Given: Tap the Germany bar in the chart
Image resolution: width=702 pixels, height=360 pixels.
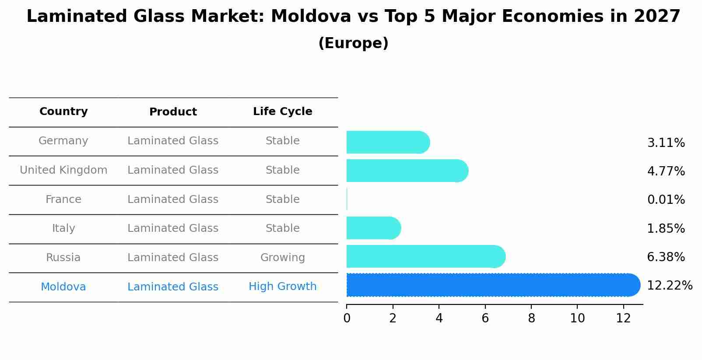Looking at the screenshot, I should point(388,143).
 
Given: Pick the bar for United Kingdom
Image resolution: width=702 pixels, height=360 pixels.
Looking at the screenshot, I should point(407,171).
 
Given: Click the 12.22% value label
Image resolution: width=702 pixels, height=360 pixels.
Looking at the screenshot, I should point(669,286).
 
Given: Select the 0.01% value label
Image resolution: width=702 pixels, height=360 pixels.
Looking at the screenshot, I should point(666,200).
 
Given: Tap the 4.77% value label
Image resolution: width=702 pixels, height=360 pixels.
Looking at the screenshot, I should point(666,171).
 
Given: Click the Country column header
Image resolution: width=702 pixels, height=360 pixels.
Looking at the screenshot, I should point(63,112).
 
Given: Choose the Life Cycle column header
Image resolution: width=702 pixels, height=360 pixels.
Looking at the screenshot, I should point(282,112).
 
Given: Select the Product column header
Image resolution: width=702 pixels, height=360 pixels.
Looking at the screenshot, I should point(173,112).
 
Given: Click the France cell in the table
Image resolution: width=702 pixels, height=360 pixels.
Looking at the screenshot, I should point(63,199).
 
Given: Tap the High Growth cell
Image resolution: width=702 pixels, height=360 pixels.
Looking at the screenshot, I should point(282,287).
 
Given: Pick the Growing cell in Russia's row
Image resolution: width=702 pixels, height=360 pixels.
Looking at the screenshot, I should point(282,258).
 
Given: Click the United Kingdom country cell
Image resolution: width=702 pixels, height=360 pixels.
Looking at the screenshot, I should point(63,170).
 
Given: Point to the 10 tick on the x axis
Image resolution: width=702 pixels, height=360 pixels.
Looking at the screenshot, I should point(577,318).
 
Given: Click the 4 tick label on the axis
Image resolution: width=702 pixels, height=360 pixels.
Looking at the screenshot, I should point(439,318).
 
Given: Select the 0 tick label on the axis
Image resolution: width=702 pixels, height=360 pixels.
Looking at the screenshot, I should point(347,318).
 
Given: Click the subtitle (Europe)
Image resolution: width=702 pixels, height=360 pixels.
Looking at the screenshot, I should point(353,43).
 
